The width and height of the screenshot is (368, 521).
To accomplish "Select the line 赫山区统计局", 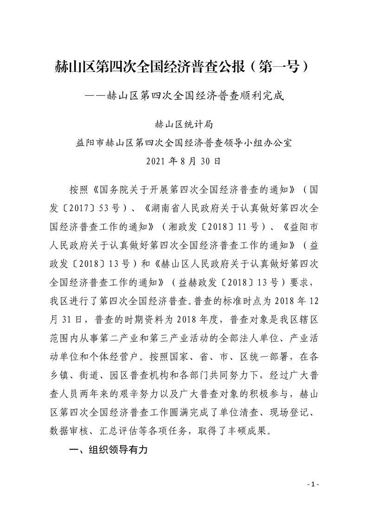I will coord(183,124).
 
